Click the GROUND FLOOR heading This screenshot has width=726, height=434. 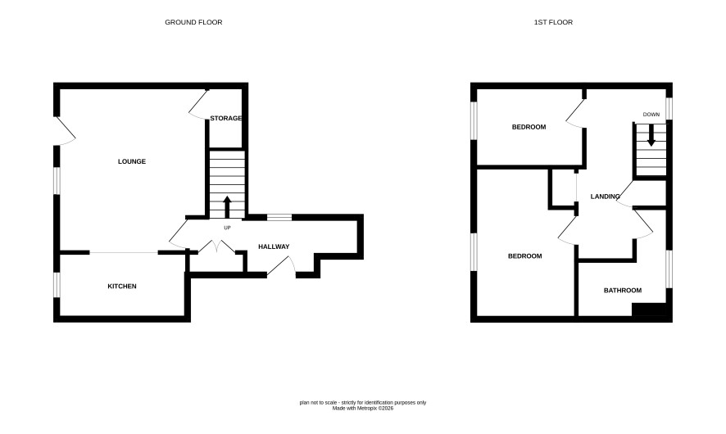(193, 22)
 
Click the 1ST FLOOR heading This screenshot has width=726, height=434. (553, 22)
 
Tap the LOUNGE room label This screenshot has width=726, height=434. (132, 161)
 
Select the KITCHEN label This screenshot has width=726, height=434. (122, 287)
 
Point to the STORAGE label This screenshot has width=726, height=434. (226, 119)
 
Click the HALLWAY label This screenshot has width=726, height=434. (274, 246)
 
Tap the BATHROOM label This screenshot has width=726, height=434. (623, 291)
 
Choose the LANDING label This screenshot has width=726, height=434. (606, 197)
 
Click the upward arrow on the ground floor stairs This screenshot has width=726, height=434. (227, 207)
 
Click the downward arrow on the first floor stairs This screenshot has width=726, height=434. (651, 136)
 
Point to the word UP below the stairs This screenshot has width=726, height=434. (227, 228)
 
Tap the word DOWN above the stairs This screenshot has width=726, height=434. (651, 115)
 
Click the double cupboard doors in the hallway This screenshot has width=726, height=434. (218, 246)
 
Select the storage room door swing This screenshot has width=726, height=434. (197, 105)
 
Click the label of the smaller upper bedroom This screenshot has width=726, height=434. (529, 127)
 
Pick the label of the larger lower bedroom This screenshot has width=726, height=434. (525, 256)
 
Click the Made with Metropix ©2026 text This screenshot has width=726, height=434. (363, 409)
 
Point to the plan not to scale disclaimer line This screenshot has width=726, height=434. (363, 403)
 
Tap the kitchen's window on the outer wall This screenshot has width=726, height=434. (57, 284)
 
